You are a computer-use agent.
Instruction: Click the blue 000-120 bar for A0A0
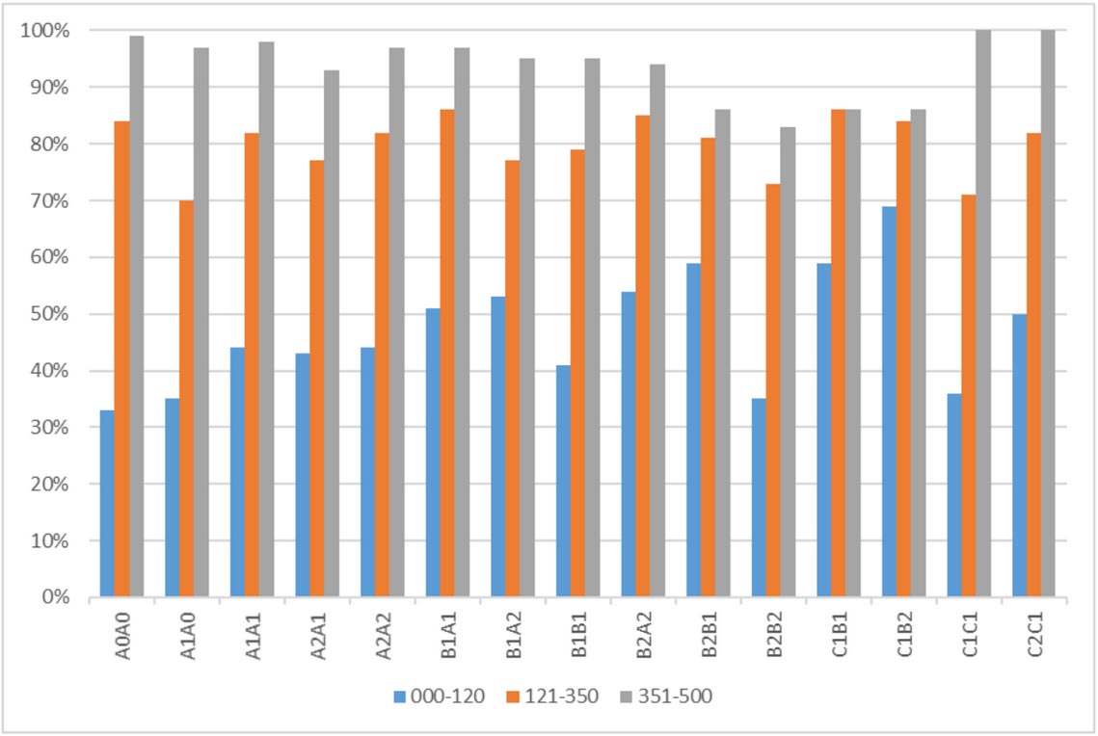(x=107, y=504)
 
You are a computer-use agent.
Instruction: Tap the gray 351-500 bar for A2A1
(x=332, y=333)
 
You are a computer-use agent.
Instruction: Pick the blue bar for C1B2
(x=889, y=402)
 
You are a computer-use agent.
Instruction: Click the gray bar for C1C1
(x=982, y=314)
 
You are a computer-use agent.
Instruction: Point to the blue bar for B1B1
(x=563, y=481)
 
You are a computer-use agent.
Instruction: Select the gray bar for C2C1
(x=1048, y=314)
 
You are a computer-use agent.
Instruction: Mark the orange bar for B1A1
(x=447, y=354)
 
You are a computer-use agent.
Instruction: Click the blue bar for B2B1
(x=693, y=430)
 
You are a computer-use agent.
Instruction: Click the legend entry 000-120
(x=440, y=696)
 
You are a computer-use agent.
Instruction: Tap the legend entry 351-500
(x=667, y=696)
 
